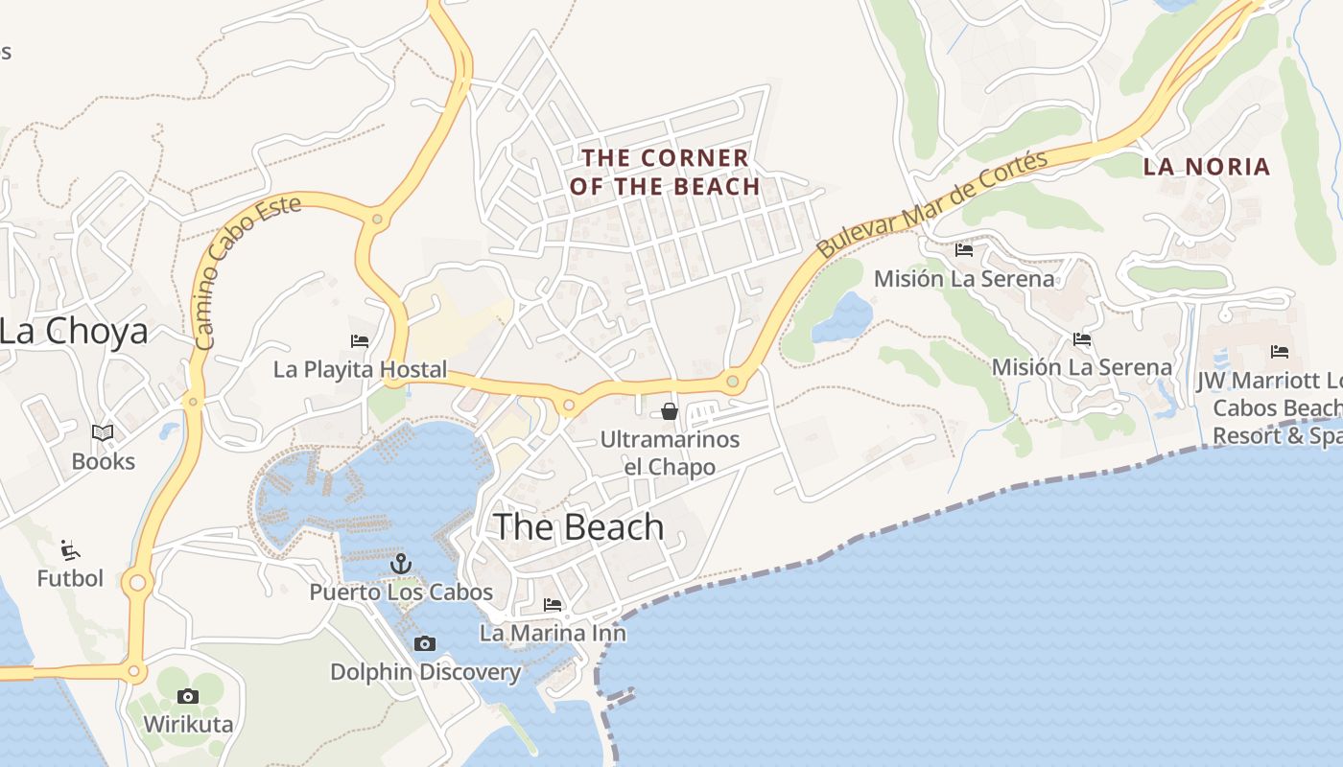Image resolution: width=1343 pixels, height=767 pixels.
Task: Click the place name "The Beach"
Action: click(x=578, y=527)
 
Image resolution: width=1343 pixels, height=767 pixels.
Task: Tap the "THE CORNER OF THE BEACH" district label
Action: click(x=665, y=172)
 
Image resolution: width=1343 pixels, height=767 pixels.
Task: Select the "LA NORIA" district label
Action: click(x=1207, y=167)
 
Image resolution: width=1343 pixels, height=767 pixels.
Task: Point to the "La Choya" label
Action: click(x=74, y=332)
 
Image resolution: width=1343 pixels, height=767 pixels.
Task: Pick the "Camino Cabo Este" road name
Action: click(x=247, y=271)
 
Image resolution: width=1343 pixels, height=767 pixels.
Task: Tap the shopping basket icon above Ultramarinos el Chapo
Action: click(x=670, y=411)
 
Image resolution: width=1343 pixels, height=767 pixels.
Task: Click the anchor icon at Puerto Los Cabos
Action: click(x=401, y=564)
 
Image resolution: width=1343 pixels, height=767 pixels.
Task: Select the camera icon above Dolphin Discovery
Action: click(x=424, y=643)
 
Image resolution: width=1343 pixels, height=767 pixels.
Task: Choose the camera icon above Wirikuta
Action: click(x=188, y=696)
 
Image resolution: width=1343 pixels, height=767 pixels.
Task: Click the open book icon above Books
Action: click(x=103, y=432)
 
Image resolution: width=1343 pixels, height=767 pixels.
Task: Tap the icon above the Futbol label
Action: click(x=70, y=549)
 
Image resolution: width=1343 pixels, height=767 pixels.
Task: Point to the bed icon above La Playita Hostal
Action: click(x=360, y=340)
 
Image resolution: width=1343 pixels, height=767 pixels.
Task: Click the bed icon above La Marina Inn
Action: click(x=553, y=605)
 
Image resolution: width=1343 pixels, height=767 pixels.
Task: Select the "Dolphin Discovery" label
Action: click(x=425, y=672)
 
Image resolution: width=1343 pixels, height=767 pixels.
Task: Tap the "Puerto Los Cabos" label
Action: click(x=401, y=593)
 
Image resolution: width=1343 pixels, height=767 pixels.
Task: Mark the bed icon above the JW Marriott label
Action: click(x=1279, y=352)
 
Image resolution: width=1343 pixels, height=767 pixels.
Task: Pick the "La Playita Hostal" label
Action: click(x=360, y=369)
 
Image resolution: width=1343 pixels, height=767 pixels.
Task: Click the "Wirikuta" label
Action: click(x=188, y=724)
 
